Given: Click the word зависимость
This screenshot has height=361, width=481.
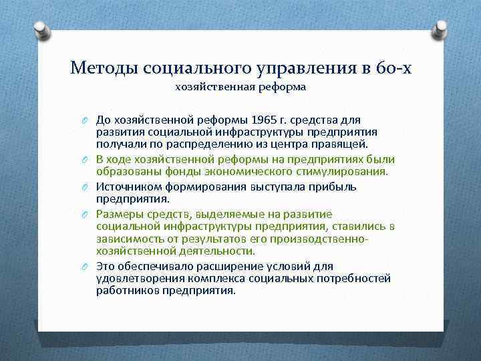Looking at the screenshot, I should [131, 238].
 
